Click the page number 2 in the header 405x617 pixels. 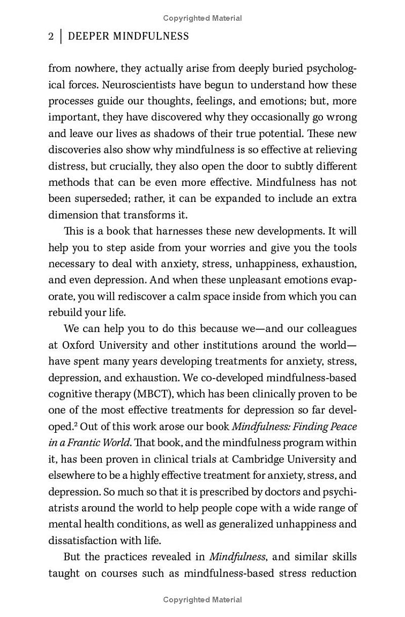coord(51,36)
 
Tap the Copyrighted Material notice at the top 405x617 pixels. coord(202,18)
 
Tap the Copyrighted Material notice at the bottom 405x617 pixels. coord(202,600)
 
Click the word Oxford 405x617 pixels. coord(76,346)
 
